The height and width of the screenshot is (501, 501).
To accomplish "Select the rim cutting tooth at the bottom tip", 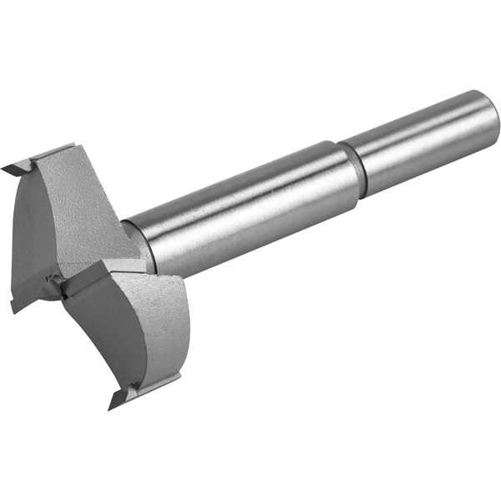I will point(117,399).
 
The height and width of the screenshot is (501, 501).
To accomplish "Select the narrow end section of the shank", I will point(426,142).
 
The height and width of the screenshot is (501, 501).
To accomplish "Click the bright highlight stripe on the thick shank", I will point(242,188).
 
